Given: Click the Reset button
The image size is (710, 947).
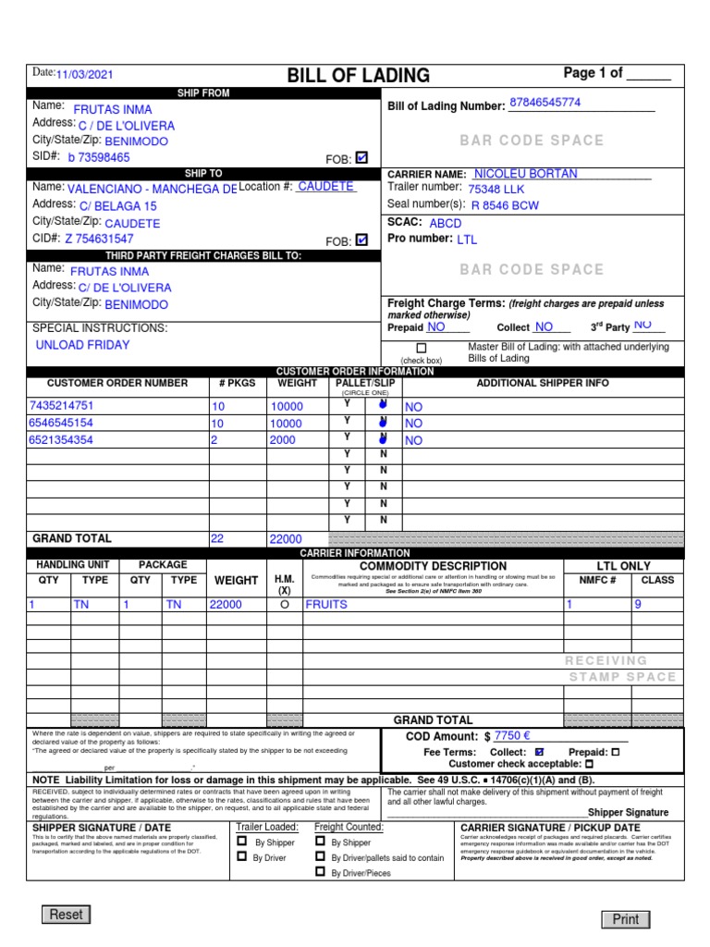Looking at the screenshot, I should [66, 915].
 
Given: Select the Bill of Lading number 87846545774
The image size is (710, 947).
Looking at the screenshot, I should [545, 103].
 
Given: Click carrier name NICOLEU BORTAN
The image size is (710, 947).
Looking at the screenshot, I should [525, 174].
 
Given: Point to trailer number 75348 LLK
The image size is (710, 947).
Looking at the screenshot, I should [496, 189].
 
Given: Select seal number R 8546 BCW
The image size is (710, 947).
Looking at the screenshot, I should [505, 205].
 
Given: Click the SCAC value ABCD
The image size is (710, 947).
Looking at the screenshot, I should [446, 223].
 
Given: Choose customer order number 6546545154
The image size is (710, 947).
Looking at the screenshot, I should [61, 423].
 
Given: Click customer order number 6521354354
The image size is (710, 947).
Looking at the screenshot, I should [61, 440].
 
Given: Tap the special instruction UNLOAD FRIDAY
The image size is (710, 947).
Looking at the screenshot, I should [82, 345].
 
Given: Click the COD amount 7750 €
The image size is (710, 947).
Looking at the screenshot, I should [511, 736].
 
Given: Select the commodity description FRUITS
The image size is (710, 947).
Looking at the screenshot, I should [326, 604].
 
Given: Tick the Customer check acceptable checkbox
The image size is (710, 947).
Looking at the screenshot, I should [590, 765].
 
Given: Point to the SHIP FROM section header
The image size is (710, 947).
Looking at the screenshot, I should [203, 93].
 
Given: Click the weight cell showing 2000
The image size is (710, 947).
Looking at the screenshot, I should [282, 440].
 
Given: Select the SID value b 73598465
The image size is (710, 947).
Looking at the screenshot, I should [106, 158].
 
